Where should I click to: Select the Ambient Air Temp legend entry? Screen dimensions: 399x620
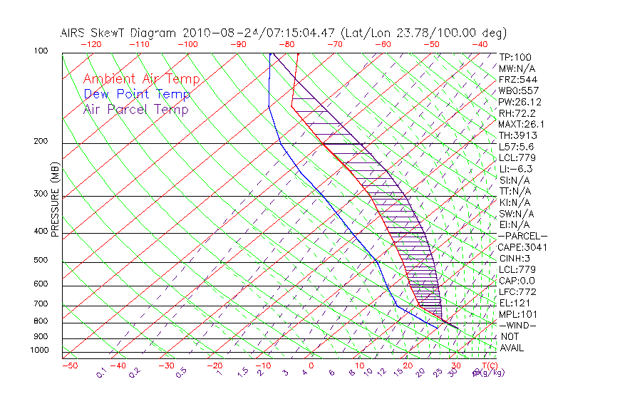coord(142,79)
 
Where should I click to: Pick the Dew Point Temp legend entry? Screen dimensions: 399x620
coord(137,94)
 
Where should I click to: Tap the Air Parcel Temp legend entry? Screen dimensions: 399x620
coord(136,109)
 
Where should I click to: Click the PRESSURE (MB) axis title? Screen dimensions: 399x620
coord(55,199)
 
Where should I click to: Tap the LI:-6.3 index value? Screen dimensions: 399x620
coord(515,169)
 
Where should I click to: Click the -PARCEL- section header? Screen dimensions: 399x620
coord(522,236)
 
